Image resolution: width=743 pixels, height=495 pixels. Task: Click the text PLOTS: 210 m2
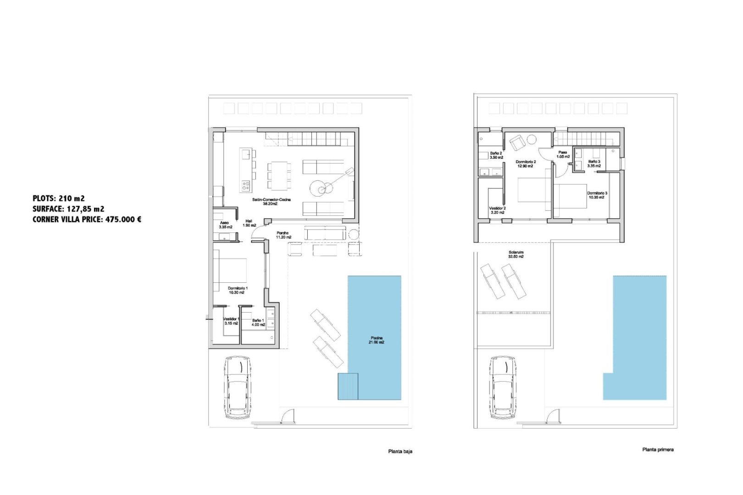pos(59,198)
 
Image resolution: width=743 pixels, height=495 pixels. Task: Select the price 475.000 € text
pos(123,220)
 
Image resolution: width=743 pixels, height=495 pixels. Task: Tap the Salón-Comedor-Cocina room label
pos(271,202)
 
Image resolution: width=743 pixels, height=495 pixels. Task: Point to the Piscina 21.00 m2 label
pos(377,340)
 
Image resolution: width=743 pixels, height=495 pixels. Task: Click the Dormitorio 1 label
pos(238,290)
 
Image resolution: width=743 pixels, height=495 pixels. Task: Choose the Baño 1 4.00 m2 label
pos(258,323)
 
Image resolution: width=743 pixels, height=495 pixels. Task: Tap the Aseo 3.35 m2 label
pos(225,225)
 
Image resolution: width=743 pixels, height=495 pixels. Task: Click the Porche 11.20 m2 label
pos(283,235)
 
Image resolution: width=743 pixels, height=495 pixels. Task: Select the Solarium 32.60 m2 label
pos(516,254)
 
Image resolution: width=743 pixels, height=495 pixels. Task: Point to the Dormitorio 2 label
pos(526,164)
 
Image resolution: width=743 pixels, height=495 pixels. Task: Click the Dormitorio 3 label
pos(597,195)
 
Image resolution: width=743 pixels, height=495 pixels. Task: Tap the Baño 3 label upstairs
pos(594,164)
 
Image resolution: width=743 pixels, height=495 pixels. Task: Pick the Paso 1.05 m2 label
pos(563,154)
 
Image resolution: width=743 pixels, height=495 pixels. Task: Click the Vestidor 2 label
pos(497,210)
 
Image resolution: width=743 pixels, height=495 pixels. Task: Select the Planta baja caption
pos(400,451)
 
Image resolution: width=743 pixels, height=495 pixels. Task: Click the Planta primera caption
pos(658,450)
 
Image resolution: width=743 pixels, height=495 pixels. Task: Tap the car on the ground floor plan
pos(238,387)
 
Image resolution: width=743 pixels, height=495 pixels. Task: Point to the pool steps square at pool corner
pos(348,386)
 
